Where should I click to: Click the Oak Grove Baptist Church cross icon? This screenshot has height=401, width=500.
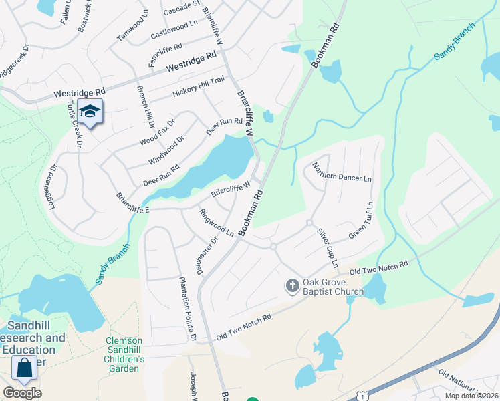pyautogui.click(x=292, y=286)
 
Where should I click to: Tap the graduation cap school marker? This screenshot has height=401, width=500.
pyautogui.click(x=90, y=111)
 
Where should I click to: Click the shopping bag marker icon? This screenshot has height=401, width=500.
pyautogui.click(x=25, y=368)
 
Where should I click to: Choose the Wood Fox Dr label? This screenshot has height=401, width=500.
pyautogui.click(x=157, y=132)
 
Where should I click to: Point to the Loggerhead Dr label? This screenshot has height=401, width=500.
pyautogui.click(x=53, y=188)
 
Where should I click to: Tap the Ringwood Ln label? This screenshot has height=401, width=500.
pyautogui.click(x=217, y=223)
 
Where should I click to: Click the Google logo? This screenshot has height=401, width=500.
pyautogui.click(x=22, y=393)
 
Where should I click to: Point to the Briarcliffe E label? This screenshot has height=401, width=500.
pyautogui.click(x=133, y=203)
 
